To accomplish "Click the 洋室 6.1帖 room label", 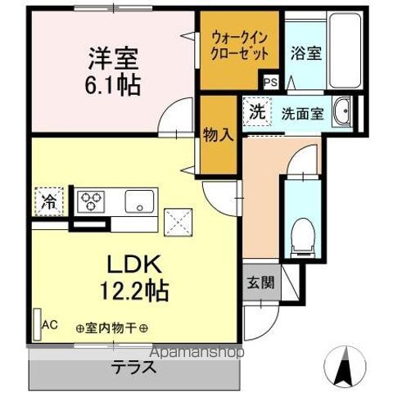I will pos(114,71).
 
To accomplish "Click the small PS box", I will pos(270,82).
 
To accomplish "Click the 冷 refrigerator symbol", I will pos(46,200).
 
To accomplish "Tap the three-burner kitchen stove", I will pos(92,201).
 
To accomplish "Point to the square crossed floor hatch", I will pos(177,221).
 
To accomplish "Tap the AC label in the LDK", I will pos(49,325).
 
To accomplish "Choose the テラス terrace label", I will pos(136,368).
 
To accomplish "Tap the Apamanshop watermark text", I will pos(195,354).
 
